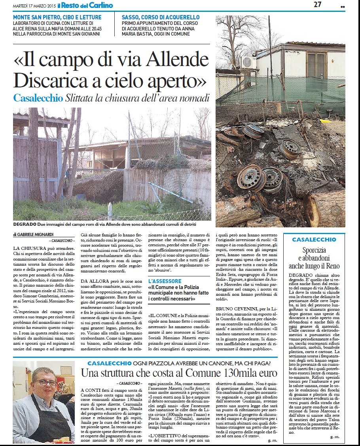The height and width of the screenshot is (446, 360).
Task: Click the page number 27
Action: click(x=317, y=5)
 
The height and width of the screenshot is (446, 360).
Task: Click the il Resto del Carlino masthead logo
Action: click(x=85, y=5)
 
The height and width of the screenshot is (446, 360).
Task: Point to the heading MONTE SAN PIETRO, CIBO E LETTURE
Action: click(x=57, y=17)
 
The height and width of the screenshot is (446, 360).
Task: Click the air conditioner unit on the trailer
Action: click(x=248, y=62)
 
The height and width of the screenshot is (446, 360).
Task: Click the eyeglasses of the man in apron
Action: click(x=45, y=383)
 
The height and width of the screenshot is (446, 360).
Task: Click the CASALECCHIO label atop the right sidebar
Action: click(x=314, y=240)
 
